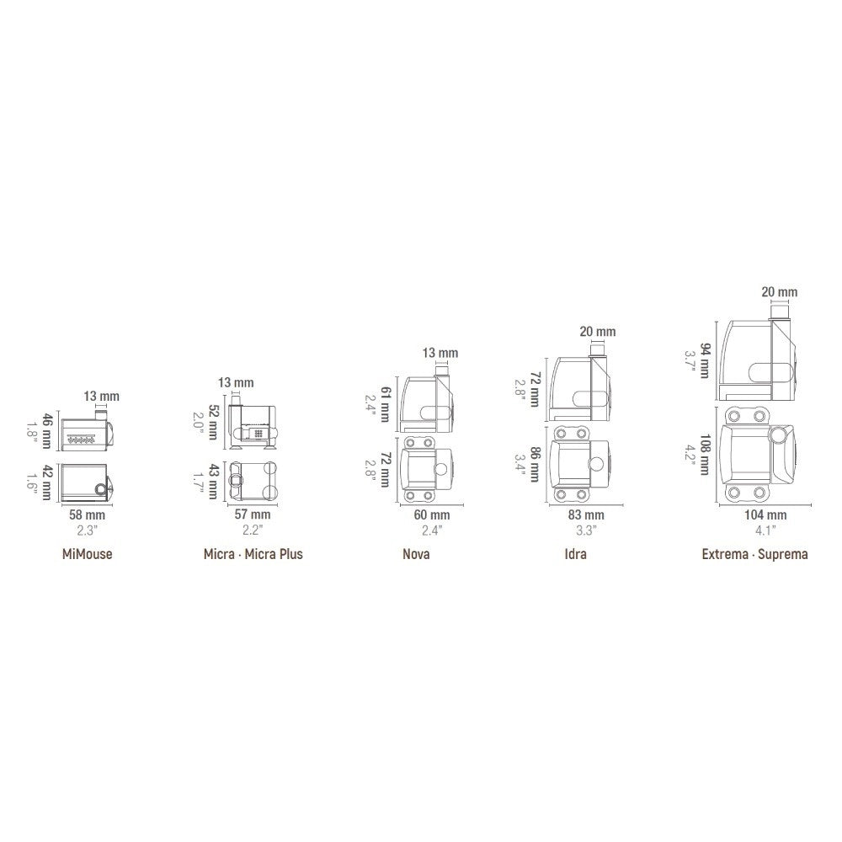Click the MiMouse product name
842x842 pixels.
coord(87,554)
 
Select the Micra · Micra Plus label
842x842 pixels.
coord(253,554)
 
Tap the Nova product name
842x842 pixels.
coord(416,554)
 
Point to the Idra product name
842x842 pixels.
coord(575,554)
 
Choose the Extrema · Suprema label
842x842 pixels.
coord(755,554)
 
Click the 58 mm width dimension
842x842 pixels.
coord(87,515)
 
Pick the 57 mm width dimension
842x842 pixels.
coord(253,514)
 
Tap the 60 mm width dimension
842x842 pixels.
coord(432,515)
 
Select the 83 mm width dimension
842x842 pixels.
coord(586,515)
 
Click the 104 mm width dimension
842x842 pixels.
coord(765,515)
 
